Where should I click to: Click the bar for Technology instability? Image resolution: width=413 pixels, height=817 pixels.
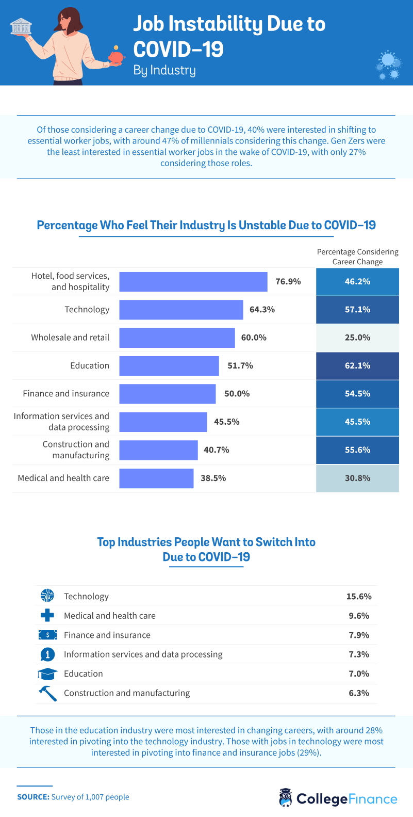point(181,310)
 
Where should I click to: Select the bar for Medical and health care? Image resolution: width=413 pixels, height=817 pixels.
point(156,478)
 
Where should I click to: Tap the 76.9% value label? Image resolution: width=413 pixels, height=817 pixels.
point(288,282)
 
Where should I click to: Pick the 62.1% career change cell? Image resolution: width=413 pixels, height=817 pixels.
point(357,366)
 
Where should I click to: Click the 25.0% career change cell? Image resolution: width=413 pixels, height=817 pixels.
point(357,338)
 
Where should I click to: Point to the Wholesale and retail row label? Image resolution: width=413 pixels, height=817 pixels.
point(70,338)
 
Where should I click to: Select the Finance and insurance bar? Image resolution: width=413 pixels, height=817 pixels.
point(167,394)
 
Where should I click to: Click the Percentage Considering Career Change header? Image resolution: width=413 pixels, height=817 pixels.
point(357,257)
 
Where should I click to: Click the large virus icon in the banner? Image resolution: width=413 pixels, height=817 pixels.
point(389,60)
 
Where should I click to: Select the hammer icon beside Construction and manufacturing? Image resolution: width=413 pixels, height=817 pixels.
point(47,693)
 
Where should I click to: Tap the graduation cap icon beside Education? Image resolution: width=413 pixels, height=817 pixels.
point(47,674)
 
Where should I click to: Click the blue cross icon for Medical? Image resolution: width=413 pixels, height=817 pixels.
point(47,615)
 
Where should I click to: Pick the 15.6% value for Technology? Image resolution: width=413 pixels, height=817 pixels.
point(358,597)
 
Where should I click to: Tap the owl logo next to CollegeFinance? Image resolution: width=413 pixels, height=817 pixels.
point(285,797)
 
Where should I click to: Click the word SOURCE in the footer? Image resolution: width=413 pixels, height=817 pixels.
point(33,797)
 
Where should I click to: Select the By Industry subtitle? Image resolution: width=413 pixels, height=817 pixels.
point(164,70)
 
